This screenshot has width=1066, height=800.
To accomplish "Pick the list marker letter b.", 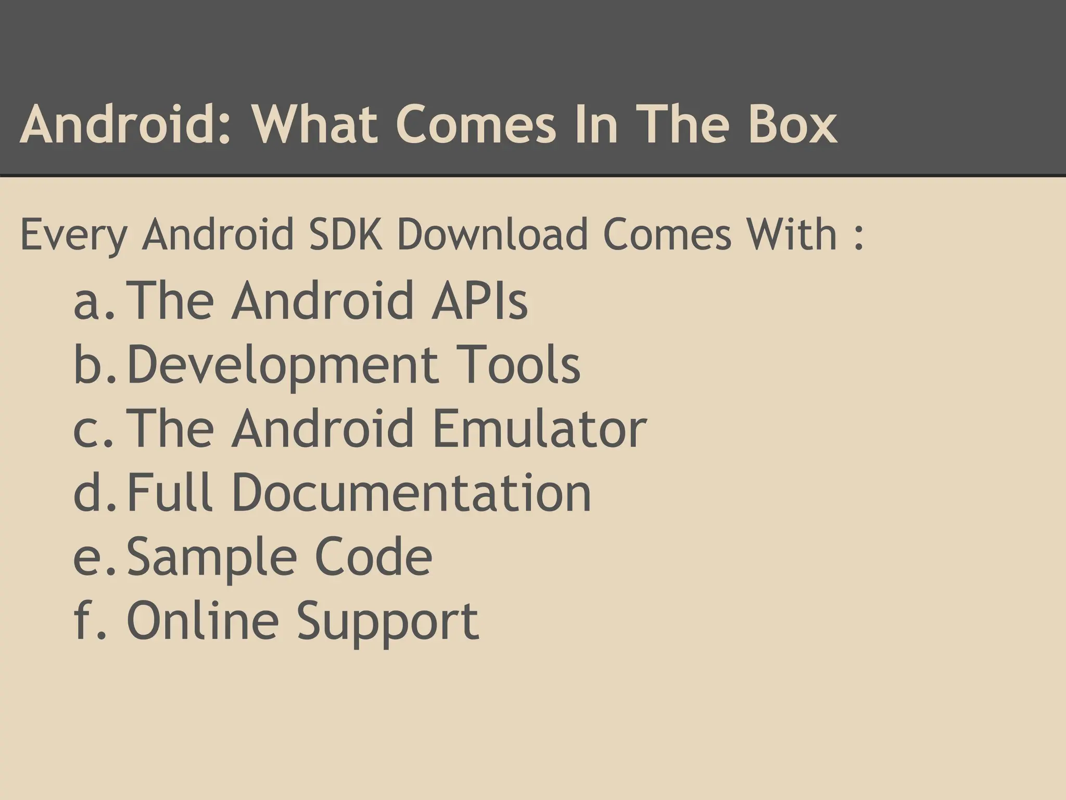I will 88,365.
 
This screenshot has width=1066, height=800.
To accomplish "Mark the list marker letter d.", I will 88,492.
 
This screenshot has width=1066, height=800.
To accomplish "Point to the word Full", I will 170,492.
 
